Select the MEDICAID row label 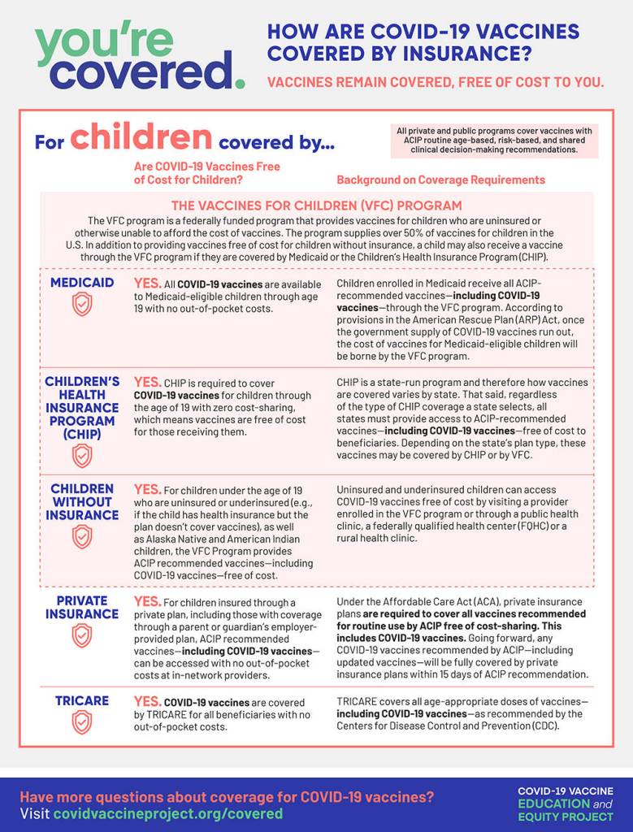(x=82, y=283)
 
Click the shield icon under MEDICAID (x=82, y=304)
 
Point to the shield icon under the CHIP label (x=82, y=455)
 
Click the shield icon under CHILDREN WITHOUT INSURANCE (x=82, y=536)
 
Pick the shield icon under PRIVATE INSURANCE (x=82, y=635)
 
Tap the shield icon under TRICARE (x=82, y=721)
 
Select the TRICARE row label (x=82, y=700)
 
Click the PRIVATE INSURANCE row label (x=82, y=607)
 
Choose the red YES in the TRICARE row (x=147, y=700)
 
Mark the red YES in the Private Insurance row (x=147, y=601)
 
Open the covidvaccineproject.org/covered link (x=168, y=813)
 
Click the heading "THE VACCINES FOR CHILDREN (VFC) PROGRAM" (x=316, y=206)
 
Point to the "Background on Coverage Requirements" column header (x=441, y=180)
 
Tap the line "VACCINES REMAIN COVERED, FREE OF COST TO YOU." (x=436, y=82)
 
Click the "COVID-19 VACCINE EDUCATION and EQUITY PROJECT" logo (x=566, y=802)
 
